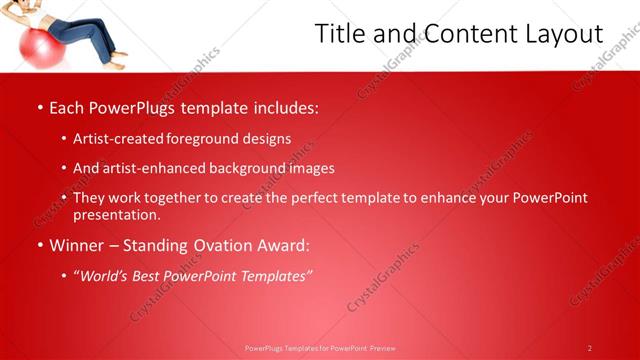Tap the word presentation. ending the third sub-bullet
[x=116, y=215]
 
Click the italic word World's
[x=107, y=275]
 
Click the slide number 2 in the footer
[x=590, y=348]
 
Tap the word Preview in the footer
[x=383, y=348]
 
